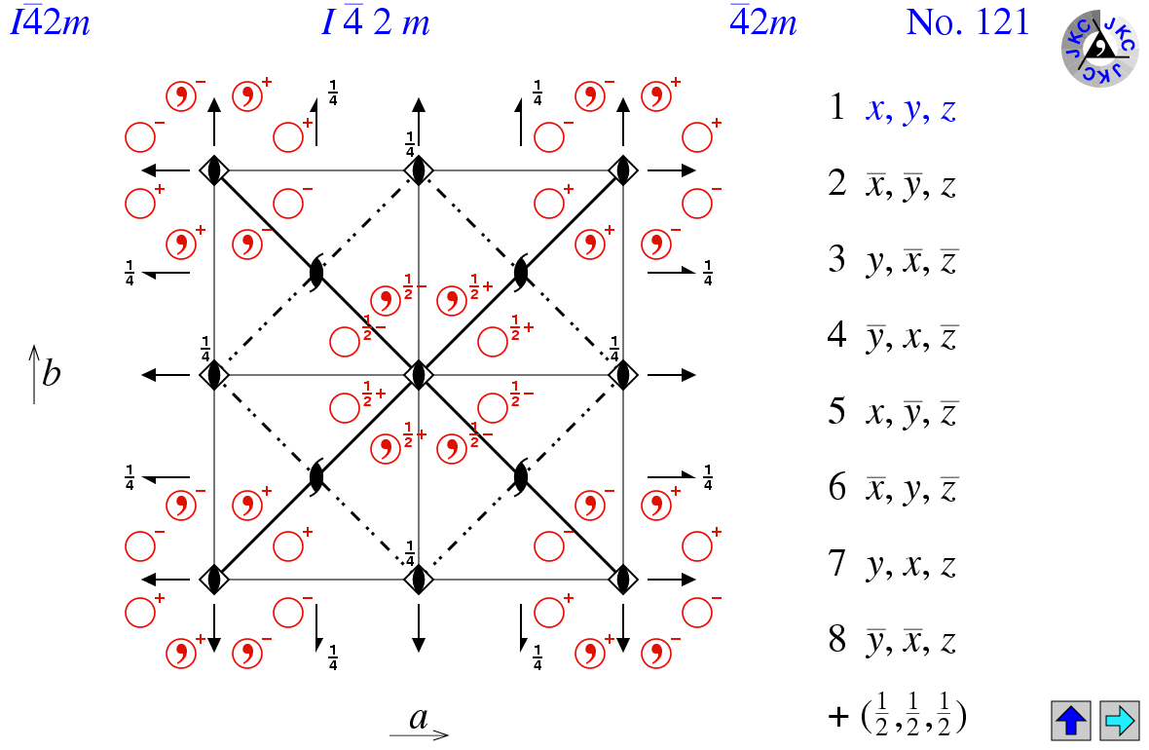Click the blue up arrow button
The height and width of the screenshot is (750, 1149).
(1070, 720)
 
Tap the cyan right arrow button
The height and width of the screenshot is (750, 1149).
(1120, 720)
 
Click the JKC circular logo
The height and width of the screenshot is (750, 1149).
(1100, 48)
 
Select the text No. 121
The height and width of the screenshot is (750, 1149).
(967, 22)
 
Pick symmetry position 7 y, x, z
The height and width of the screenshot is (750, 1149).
(893, 564)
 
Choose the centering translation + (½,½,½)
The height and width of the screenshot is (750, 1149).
(897, 715)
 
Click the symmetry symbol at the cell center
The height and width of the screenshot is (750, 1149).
(419, 375)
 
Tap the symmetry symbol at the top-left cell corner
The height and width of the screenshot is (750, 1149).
(214, 170)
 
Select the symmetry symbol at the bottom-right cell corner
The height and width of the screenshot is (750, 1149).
(623, 580)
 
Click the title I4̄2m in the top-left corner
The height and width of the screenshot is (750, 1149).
(49, 22)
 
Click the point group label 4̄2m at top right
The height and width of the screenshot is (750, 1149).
(762, 22)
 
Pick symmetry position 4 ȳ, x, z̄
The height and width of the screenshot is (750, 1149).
(893, 336)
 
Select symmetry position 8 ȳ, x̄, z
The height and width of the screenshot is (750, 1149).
(893, 640)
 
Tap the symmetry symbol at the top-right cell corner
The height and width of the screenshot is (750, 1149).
(623, 170)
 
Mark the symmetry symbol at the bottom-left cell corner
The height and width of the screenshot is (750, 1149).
(214, 580)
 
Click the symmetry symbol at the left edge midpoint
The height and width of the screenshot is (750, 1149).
(214, 375)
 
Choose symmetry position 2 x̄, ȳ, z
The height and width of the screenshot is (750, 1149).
(893, 184)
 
